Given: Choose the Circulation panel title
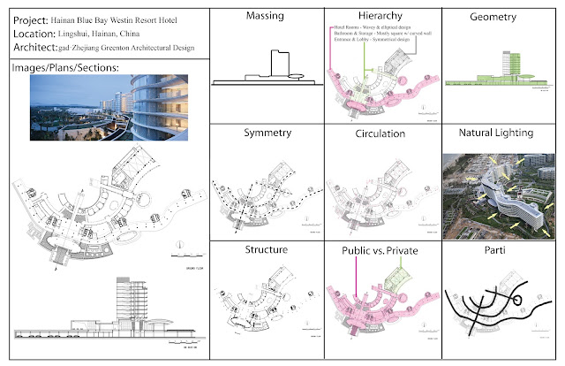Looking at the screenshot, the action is coord(382,134).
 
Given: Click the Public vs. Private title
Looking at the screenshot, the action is coord(382,250).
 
